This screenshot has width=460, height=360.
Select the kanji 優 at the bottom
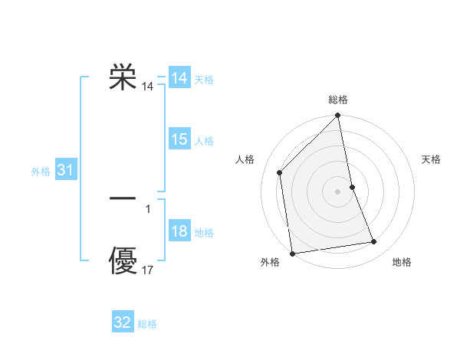coord(123,260)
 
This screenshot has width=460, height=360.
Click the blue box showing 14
coord(179,78)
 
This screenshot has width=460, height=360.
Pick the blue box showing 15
coord(179,139)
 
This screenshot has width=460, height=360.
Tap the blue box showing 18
coord(179,232)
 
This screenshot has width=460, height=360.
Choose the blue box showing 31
coord(65,171)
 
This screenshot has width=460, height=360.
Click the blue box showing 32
coord(123,322)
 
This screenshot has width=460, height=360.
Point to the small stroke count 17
coord(148,270)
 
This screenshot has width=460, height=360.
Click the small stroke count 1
coord(148,208)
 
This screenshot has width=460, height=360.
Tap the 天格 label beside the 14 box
coord(204,80)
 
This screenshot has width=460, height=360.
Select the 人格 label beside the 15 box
coord(204,141)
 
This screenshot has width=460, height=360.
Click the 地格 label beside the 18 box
coord(204,233)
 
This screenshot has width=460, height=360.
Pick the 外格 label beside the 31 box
coord(41,172)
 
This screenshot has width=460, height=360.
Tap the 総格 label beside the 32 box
coord(147,324)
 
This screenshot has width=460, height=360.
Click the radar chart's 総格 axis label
coord(338,100)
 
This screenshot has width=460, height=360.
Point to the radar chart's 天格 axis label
coord(432,159)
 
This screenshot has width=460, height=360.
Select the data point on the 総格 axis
coord(338,116)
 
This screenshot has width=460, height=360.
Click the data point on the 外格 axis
coord(292,254)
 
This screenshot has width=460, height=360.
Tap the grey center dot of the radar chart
coord(338,191)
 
